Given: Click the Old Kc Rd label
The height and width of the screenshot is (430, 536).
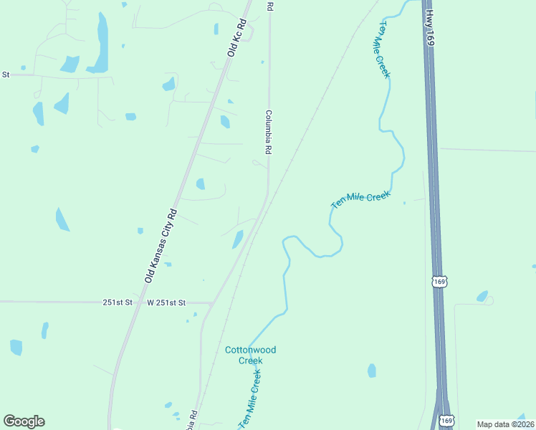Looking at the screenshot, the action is pyautogui.click(x=237, y=38).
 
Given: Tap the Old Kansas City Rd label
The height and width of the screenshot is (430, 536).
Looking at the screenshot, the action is pyautogui.click(x=161, y=246).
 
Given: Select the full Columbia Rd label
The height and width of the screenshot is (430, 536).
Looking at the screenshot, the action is pyautogui.click(x=269, y=133).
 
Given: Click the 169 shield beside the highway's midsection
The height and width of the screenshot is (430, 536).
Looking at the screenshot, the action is pyautogui.click(x=440, y=282).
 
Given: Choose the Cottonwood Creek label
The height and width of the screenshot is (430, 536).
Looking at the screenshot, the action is pyautogui.click(x=250, y=355).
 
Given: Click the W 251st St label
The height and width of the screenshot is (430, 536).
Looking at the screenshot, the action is pyautogui.click(x=166, y=303).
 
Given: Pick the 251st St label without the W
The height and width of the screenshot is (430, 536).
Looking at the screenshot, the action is pyautogui.click(x=118, y=303).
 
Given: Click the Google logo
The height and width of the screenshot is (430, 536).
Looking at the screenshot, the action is pyautogui.click(x=24, y=421).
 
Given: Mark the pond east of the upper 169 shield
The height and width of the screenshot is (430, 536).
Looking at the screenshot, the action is pyautogui.click(x=482, y=296).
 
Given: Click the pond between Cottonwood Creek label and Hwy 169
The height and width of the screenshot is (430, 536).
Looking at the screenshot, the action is pyautogui.click(x=371, y=371).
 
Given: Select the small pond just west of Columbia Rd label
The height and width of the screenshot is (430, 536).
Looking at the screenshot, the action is pyautogui.click(x=225, y=122).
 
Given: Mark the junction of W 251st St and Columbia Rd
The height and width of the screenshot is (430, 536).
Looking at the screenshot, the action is pyautogui.click(x=210, y=303).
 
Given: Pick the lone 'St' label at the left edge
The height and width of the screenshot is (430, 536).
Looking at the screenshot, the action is pyautogui.click(x=6, y=74).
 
